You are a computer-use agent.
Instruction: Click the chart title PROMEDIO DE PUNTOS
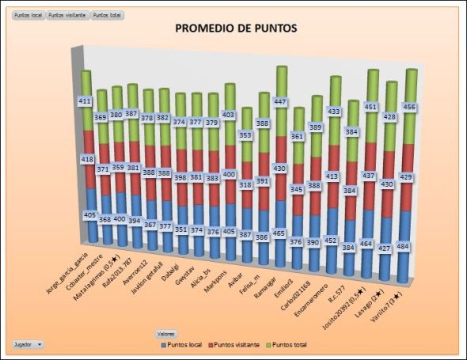click(235, 28)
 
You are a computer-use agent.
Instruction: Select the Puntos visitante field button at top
click(67, 15)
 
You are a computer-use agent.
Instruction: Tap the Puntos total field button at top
click(108, 15)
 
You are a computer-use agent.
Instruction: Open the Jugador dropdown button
click(28, 345)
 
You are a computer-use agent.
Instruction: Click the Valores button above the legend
click(166, 335)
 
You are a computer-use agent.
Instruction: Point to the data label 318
click(245, 185)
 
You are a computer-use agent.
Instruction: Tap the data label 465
click(280, 234)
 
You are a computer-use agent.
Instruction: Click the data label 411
click(85, 101)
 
